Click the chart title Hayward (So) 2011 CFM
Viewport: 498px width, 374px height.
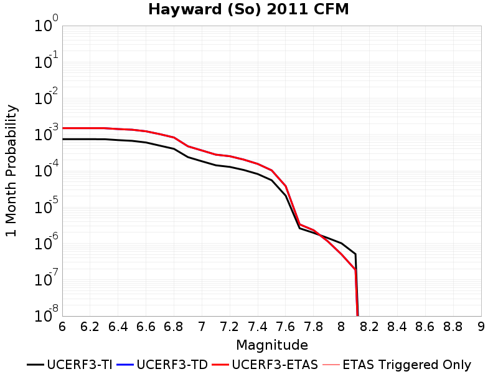tap(248, 9)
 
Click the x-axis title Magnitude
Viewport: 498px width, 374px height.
tap(272, 345)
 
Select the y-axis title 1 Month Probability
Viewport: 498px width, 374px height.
tap(11, 171)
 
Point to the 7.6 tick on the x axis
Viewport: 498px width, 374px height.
tap(286, 327)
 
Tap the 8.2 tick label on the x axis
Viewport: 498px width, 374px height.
tap(369, 327)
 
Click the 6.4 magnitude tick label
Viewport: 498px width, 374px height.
tap(118, 327)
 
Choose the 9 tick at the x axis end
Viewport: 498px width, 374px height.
tap(481, 327)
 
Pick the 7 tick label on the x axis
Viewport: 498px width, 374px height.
tap(202, 327)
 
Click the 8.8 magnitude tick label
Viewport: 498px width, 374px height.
tap(453, 327)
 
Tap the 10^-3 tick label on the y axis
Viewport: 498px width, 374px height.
tap(46, 133)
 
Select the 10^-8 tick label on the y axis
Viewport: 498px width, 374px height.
tap(46, 315)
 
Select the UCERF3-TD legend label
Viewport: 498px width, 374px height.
tap(172, 365)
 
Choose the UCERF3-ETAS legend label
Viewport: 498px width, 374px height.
tap(275, 365)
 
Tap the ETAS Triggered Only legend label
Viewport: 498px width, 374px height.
tap(407, 365)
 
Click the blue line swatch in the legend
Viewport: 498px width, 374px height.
tap(125, 365)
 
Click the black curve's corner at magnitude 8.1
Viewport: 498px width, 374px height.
tap(355, 254)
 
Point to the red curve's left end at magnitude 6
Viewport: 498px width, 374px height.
tap(63, 128)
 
